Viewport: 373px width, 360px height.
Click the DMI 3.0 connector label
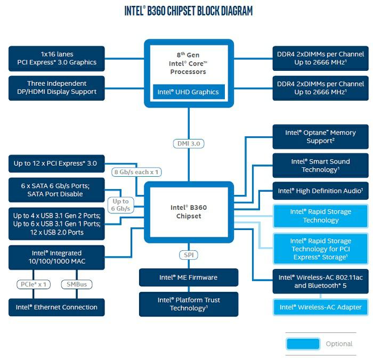point(189,144)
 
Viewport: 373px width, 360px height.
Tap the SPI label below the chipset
point(189,255)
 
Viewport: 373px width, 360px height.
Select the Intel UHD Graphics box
point(189,92)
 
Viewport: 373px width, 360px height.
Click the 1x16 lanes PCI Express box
point(56,59)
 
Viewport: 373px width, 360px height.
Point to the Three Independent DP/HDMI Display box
point(56,88)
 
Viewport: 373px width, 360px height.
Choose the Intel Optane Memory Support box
point(320,137)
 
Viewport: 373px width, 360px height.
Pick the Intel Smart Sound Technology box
point(320,166)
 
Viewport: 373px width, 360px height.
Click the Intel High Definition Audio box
point(320,191)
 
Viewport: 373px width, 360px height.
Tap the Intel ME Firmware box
point(189,277)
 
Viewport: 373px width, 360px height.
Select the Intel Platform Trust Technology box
point(189,304)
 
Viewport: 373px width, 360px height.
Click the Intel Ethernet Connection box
point(56,307)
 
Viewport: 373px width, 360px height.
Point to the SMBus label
point(77,284)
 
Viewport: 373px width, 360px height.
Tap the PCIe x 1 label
point(34,284)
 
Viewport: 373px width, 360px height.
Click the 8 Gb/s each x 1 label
point(136,172)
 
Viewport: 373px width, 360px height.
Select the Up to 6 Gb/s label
point(120,205)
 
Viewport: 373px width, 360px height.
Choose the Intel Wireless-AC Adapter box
point(320,307)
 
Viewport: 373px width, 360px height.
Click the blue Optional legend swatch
point(303,344)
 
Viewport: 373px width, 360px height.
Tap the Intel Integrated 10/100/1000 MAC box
point(56,258)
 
